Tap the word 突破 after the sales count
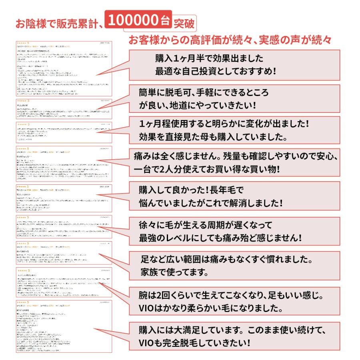pyautogui.click(x=184, y=23)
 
